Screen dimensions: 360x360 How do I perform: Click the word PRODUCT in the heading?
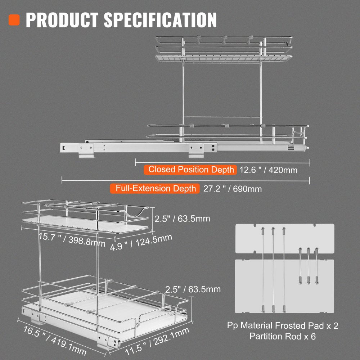tap(61, 20)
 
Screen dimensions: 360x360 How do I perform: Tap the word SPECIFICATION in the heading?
tap(161, 20)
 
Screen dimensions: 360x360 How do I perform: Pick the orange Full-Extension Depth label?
tap(156, 188)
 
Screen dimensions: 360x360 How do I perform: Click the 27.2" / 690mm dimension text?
tap(232, 189)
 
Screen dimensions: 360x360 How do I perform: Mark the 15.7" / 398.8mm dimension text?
tap(72, 239)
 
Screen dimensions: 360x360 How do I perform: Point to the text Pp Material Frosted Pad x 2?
tap(283, 326)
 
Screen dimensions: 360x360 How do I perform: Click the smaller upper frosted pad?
tap(284, 238)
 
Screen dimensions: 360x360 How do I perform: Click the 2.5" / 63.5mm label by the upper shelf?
tap(182, 219)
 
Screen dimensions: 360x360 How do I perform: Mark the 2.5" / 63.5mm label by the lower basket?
tap(193, 289)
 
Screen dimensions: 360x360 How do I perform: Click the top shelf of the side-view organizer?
tap(223, 57)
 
